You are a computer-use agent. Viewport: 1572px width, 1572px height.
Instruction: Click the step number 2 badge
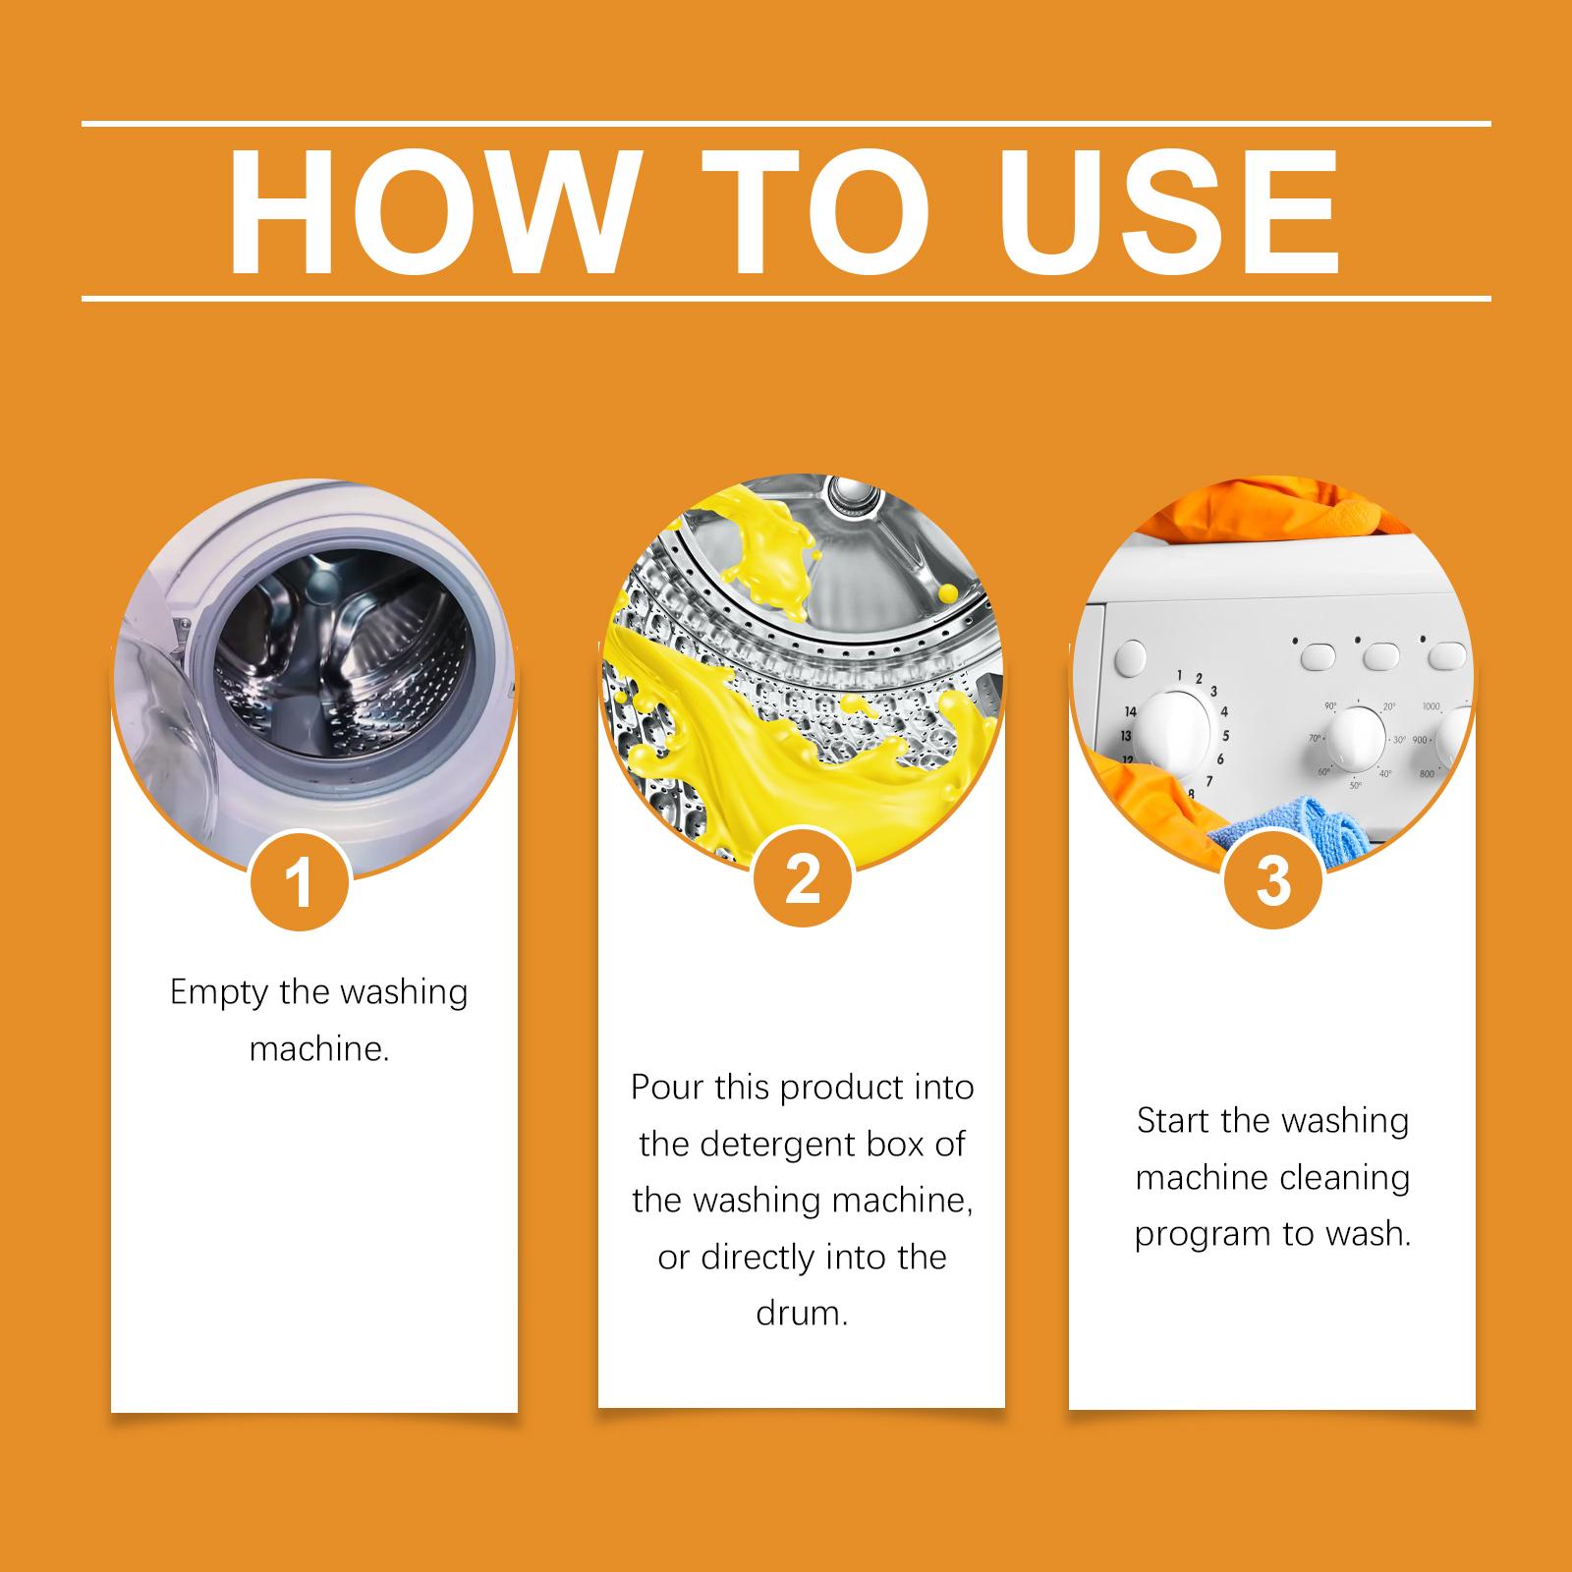click(803, 877)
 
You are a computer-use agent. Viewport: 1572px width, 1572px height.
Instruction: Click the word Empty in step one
click(219, 993)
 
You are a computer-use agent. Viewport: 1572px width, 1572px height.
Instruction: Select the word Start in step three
click(1174, 1121)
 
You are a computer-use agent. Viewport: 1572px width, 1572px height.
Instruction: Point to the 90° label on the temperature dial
click(1331, 705)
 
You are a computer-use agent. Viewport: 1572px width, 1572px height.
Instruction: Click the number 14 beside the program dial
click(1130, 712)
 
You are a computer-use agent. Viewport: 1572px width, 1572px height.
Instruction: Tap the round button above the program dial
click(1133, 654)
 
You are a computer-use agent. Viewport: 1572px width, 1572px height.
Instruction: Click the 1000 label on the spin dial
click(1431, 706)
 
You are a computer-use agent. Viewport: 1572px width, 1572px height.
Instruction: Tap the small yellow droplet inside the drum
click(948, 590)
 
